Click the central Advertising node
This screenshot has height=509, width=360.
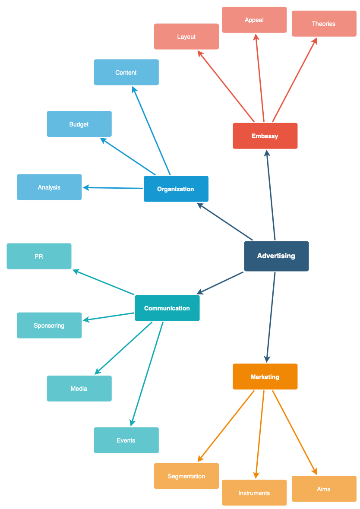click(276, 256)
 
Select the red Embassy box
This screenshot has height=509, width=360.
click(265, 136)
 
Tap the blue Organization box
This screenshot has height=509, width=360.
click(176, 189)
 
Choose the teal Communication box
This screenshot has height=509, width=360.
click(167, 308)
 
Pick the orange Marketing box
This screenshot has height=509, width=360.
click(265, 377)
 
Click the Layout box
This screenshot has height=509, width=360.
click(186, 37)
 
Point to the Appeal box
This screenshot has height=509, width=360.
click(254, 20)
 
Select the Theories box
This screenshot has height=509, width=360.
click(324, 24)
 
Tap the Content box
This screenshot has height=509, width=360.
click(126, 73)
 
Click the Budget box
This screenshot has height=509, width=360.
click(79, 124)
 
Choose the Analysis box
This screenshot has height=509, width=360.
click(49, 187)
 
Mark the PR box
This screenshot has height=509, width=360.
click(39, 256)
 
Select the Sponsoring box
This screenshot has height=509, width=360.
click(49, 326)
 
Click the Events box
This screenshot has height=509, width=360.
click(126, 440)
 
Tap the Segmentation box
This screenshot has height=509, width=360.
click(186, 476)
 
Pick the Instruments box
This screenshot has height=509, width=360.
click(254, 493)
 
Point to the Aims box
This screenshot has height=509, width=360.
click(324, 489)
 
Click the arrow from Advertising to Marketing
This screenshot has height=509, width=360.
click(271, 317)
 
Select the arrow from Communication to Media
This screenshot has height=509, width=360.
click(124, 348)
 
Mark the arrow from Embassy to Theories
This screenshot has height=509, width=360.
click(294, 80)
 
